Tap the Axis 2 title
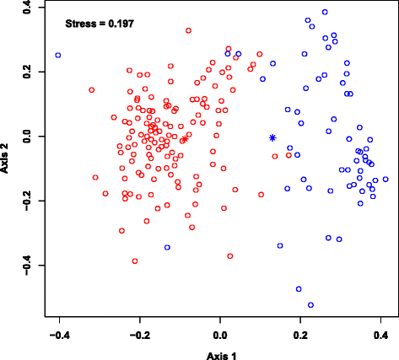tap(8, 157)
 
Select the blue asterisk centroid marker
tap(272, 137)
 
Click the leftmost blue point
tap(58, 56)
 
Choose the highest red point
tap(188, 30)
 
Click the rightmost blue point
tap(386, 180)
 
